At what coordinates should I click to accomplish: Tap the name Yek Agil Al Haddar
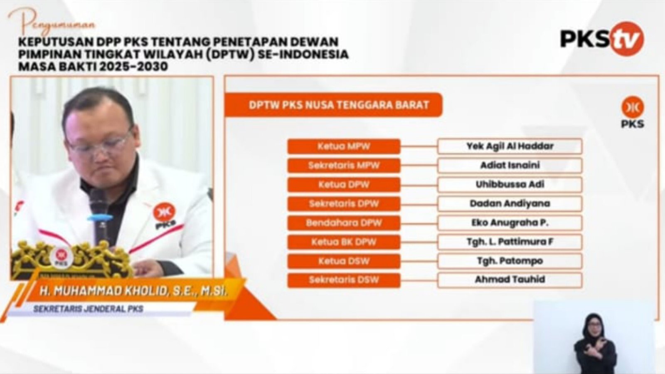[510, 146]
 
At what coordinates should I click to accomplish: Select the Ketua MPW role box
[344, 146]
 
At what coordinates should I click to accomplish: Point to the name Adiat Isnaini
[510, 165]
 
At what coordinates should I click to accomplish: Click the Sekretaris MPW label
[344, 165]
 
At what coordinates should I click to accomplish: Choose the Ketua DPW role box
[344, 185]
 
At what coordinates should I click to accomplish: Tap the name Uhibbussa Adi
[510, 184]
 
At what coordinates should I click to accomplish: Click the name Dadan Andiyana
[510, 203]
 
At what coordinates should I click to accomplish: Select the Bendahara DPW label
[344, 223]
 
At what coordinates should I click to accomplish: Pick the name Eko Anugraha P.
[510, 223]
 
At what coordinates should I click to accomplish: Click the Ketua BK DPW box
[344, 242]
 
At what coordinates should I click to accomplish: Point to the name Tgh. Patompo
[510, 261]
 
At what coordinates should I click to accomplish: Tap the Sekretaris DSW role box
[344, 280]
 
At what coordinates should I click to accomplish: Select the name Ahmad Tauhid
[510, 280]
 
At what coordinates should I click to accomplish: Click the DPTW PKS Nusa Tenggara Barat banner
[333, 105]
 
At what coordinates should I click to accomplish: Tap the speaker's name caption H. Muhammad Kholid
[133, 291]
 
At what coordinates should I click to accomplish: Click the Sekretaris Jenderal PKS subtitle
[88, 309]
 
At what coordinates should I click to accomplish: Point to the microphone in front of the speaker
[99, 216]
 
